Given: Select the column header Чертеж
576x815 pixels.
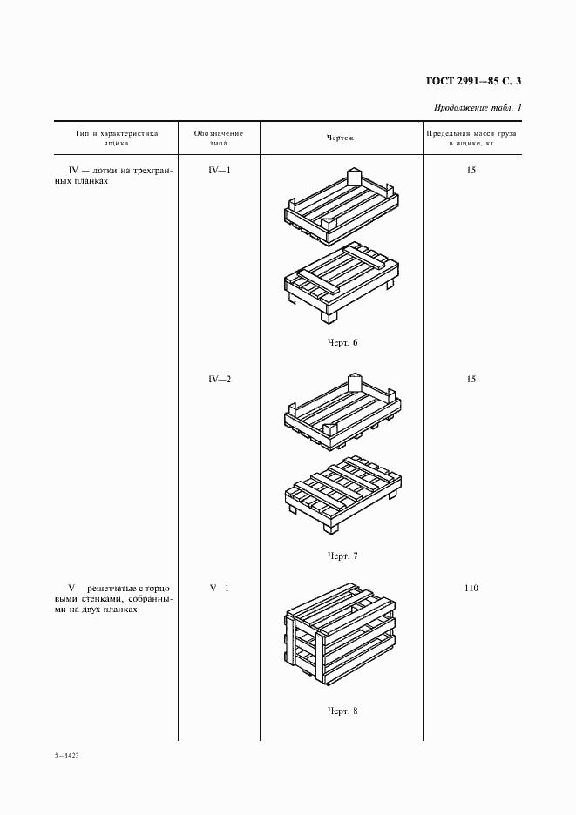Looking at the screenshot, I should [x=340, y=138].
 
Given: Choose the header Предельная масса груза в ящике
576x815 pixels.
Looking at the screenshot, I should [x=471, y=138].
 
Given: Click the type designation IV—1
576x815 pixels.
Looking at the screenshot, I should [x=219, y=170].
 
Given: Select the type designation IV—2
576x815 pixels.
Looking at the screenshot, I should [x=219, y=380].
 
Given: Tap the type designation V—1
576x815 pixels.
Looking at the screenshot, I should [x=219, y=589].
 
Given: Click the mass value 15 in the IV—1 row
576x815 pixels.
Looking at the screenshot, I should [x=471, y=170].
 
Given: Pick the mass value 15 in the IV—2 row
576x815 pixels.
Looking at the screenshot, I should [x=471, y=380].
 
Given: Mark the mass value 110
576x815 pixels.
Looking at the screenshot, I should [x=471, y=589].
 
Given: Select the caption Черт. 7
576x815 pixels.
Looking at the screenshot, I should [x=342, y=556].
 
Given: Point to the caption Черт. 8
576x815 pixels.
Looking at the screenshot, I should [x=342, y=711].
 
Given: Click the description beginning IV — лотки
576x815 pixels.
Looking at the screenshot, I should [x=113, y=177].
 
